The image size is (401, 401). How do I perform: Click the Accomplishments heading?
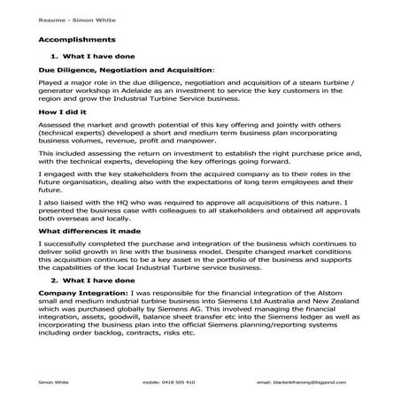(x=77, y=40)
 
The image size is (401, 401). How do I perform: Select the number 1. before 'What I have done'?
(x=55, y=56)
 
